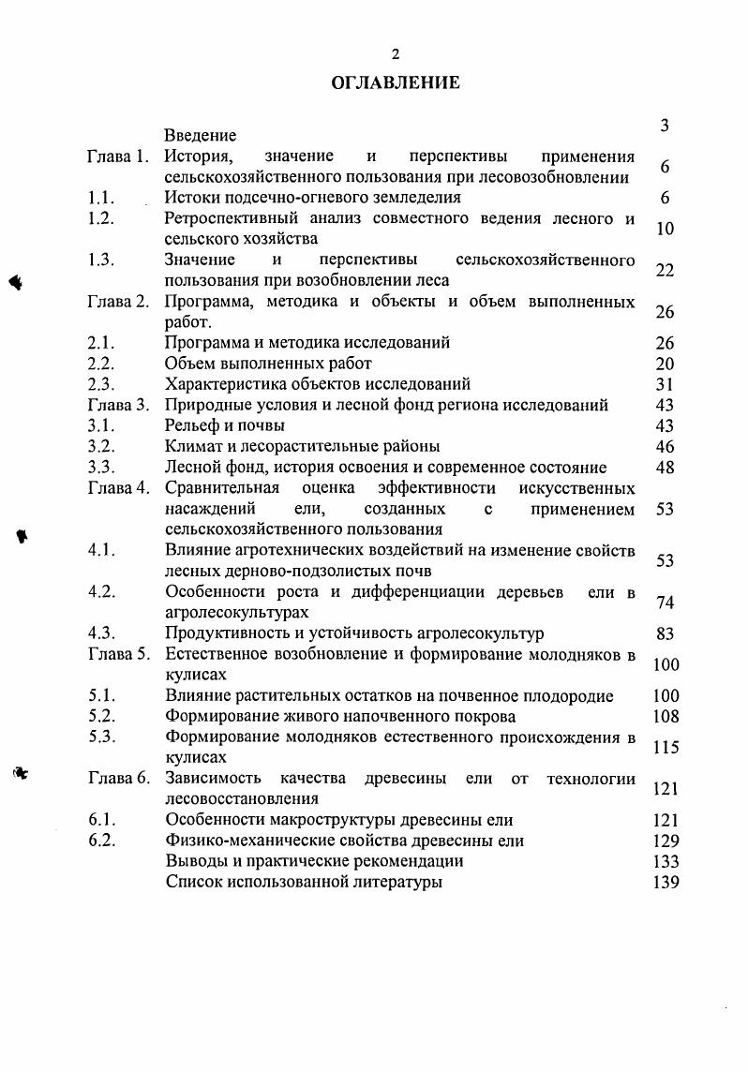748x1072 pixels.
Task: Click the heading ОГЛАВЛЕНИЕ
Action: (396, 83)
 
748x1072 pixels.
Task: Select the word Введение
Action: (201, 137)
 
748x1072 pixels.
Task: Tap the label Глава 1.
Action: (118, 156)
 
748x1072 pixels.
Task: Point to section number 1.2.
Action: (101, 219)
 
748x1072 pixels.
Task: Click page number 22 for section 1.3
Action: (666, 270)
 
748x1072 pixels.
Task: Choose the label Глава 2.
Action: (118, 302)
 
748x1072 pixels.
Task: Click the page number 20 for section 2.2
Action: (666, 363)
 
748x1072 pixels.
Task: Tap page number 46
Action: (666, 446)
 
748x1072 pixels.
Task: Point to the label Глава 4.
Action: (118, 487)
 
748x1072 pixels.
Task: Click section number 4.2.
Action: (101, 591)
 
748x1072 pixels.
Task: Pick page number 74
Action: (666, 603)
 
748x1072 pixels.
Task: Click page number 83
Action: (666, 633)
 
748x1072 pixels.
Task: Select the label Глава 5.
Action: (118, 654)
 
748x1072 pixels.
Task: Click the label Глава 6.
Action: (118, 779)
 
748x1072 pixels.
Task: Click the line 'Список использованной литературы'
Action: (304, 882)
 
